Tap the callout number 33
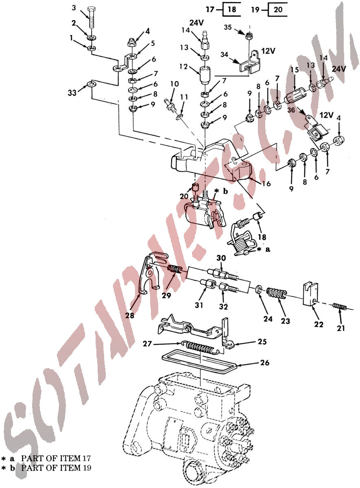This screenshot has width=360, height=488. [72, 93]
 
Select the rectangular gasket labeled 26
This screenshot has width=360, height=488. [199, 362]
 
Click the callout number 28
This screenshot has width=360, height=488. [129, 315]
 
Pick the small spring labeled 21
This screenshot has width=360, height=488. [340, 307]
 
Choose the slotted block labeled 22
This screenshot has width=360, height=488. [310, 294]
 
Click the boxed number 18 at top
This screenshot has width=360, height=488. [232, 9]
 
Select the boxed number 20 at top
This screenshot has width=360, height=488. [278, 9]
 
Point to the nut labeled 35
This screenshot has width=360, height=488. [249, 36]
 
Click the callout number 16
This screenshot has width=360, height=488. [266, 183]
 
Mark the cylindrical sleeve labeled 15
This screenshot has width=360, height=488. [295, 94]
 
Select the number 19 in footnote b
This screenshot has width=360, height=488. [87, 468]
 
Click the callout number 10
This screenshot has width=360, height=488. [175, 84]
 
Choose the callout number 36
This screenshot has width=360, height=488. [291, 110]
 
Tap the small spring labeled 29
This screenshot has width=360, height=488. [175, 270]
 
